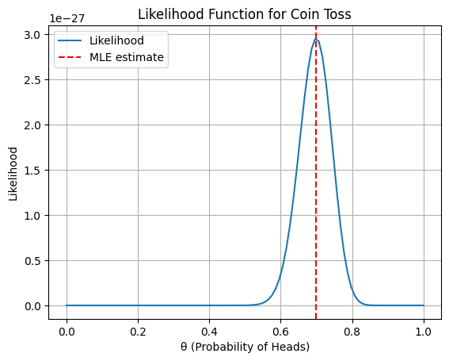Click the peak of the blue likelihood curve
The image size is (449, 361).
(315, 40)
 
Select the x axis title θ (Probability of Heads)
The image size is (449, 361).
(245, 347)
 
